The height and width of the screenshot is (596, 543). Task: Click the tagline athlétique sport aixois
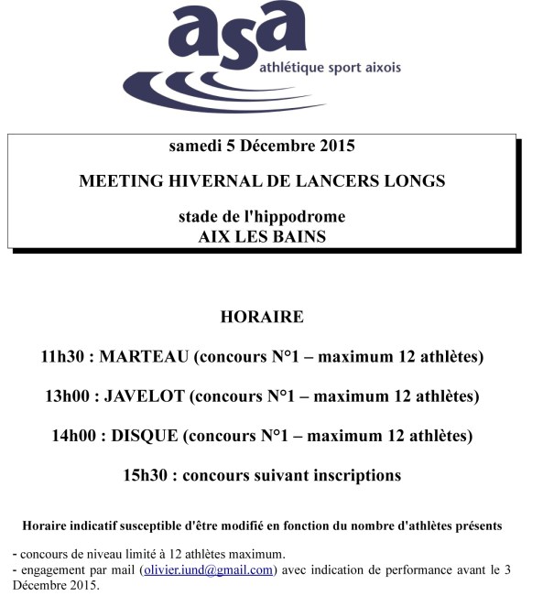[325, 68]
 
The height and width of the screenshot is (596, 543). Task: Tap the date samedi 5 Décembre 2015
[262, 146]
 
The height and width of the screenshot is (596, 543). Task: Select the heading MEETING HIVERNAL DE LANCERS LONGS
[262, 181]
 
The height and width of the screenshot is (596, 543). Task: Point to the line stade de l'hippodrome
[262, 218]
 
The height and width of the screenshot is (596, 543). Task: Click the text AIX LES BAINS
[262, 235]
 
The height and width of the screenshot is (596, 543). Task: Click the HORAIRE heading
[262, 318]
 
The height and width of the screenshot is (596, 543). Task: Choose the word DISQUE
[145, 436]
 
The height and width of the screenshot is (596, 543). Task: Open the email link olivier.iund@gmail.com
[208, 569]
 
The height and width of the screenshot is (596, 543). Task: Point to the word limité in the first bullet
[136, 554]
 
